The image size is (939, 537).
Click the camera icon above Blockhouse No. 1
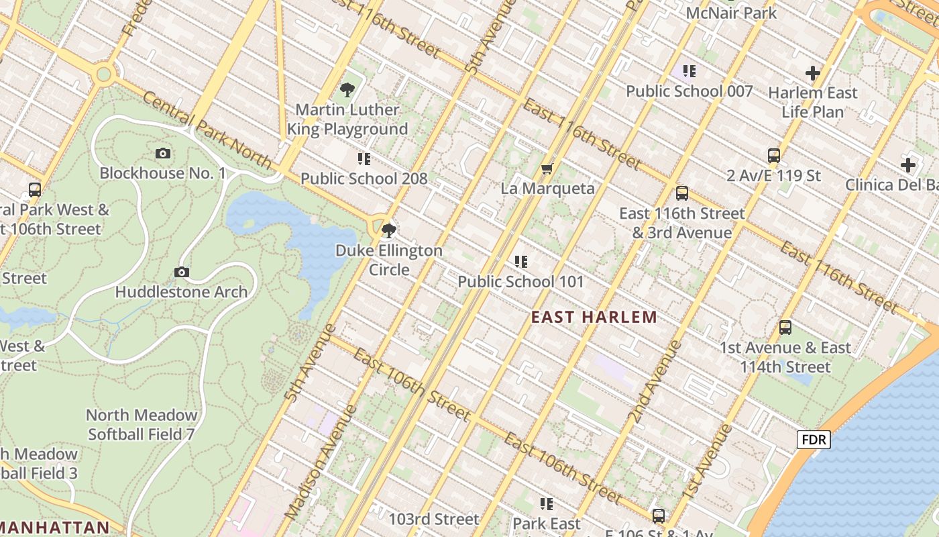point(162,154)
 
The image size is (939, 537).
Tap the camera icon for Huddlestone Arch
point(181,272)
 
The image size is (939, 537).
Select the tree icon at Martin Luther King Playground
point(347,89)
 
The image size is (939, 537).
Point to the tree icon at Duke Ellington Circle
point(388,232)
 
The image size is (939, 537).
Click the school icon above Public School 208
point(364,159)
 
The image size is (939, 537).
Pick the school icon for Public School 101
point(520,262)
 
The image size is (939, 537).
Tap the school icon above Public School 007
point(689,71)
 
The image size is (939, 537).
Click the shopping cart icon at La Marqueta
point(547,168)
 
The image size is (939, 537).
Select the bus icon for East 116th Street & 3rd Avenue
point(682,193)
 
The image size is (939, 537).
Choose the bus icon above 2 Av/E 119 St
point(773,156)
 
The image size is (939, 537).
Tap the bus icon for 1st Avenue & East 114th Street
point(785,328)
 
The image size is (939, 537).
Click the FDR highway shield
point(814,440)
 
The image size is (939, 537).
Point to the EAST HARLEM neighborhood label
point(594,317)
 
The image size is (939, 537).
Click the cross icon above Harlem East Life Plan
point(813,72)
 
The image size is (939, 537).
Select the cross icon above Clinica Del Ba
point(907,164)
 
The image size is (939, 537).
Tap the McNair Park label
point(731,13)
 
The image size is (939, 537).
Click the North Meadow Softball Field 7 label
point(142,425)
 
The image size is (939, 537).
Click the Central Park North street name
point(207,131)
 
